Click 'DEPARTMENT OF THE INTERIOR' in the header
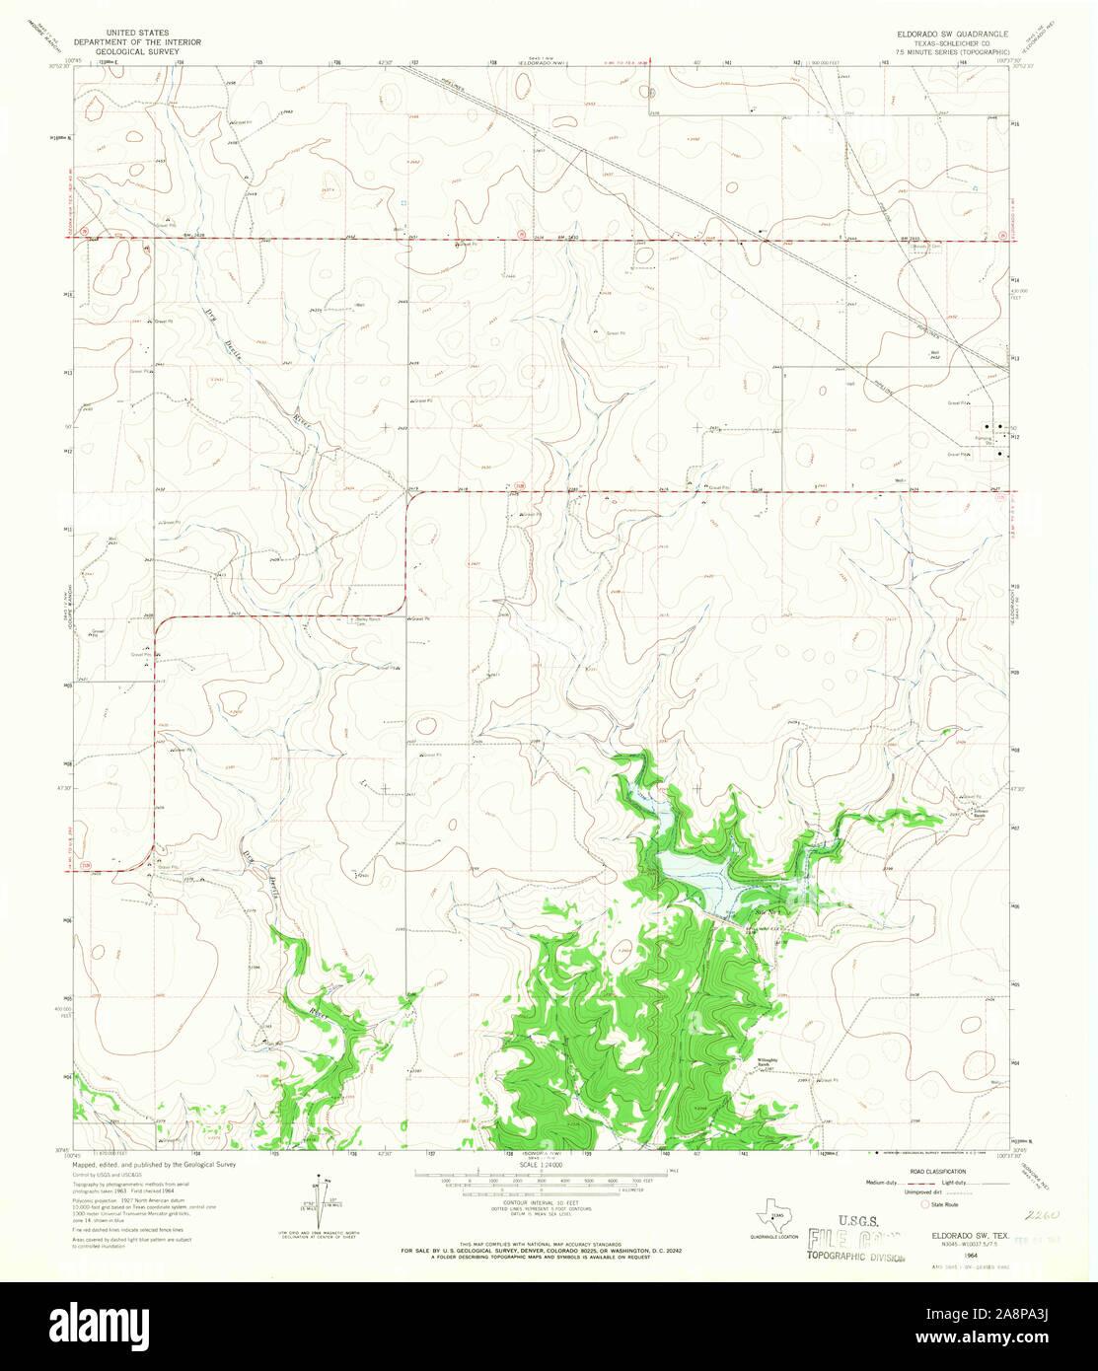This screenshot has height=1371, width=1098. (145, 41)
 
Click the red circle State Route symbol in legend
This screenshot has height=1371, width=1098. (924, 1204)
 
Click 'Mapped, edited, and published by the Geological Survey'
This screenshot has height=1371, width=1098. (154, 1165)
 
